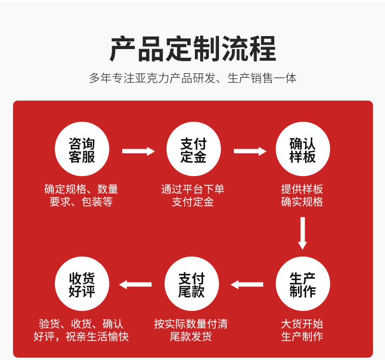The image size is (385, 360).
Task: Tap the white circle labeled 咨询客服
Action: (x=82, y=149)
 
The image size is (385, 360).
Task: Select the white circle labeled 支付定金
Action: (x=193, y=149)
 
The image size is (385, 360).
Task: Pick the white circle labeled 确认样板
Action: (x=303, y=149)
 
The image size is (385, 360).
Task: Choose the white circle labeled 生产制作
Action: (x=303, y=284)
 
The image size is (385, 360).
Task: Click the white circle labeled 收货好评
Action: (x=82, y=284)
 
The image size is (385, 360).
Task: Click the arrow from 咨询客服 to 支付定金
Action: (x=138, y=151)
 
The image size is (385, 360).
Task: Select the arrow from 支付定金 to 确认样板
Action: (x=249, y=151)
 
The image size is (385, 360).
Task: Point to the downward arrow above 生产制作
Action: (x=302, y=233)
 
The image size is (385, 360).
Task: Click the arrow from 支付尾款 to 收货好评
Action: (x=136, y=284)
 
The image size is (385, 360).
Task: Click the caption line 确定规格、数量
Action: (x=81, y=189)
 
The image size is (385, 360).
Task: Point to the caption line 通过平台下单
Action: (x=193, y=189)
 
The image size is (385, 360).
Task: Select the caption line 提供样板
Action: (x=302, y=189)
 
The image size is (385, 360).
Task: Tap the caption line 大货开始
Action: (x=302, y=324)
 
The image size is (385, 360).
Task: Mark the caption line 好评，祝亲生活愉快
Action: (x=81, y=336)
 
